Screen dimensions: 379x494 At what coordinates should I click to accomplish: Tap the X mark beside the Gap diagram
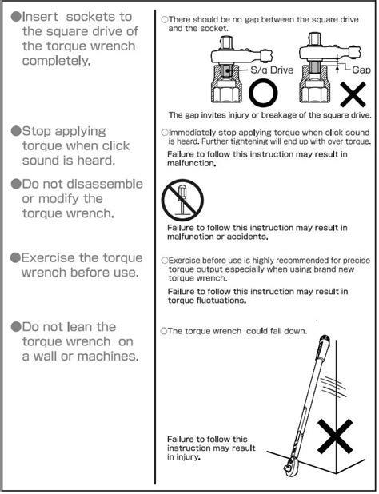click(x=353, y=94)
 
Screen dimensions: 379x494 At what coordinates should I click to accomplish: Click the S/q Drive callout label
click(x=272, y=70)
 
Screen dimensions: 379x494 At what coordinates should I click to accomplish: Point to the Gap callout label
click(x=361, y=70)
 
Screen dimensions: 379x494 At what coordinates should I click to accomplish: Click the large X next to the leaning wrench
click(x=335, y=436)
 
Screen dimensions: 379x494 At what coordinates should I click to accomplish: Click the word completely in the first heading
click(x=56, y=61)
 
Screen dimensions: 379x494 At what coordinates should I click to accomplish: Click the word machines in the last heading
click(x=108, y=357)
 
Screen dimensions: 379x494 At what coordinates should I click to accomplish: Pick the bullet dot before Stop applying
click(x=16, y=131)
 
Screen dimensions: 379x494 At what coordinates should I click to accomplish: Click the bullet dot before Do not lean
click(x=16, y=327)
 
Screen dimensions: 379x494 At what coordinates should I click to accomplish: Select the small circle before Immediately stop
click(x=165, y=133)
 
